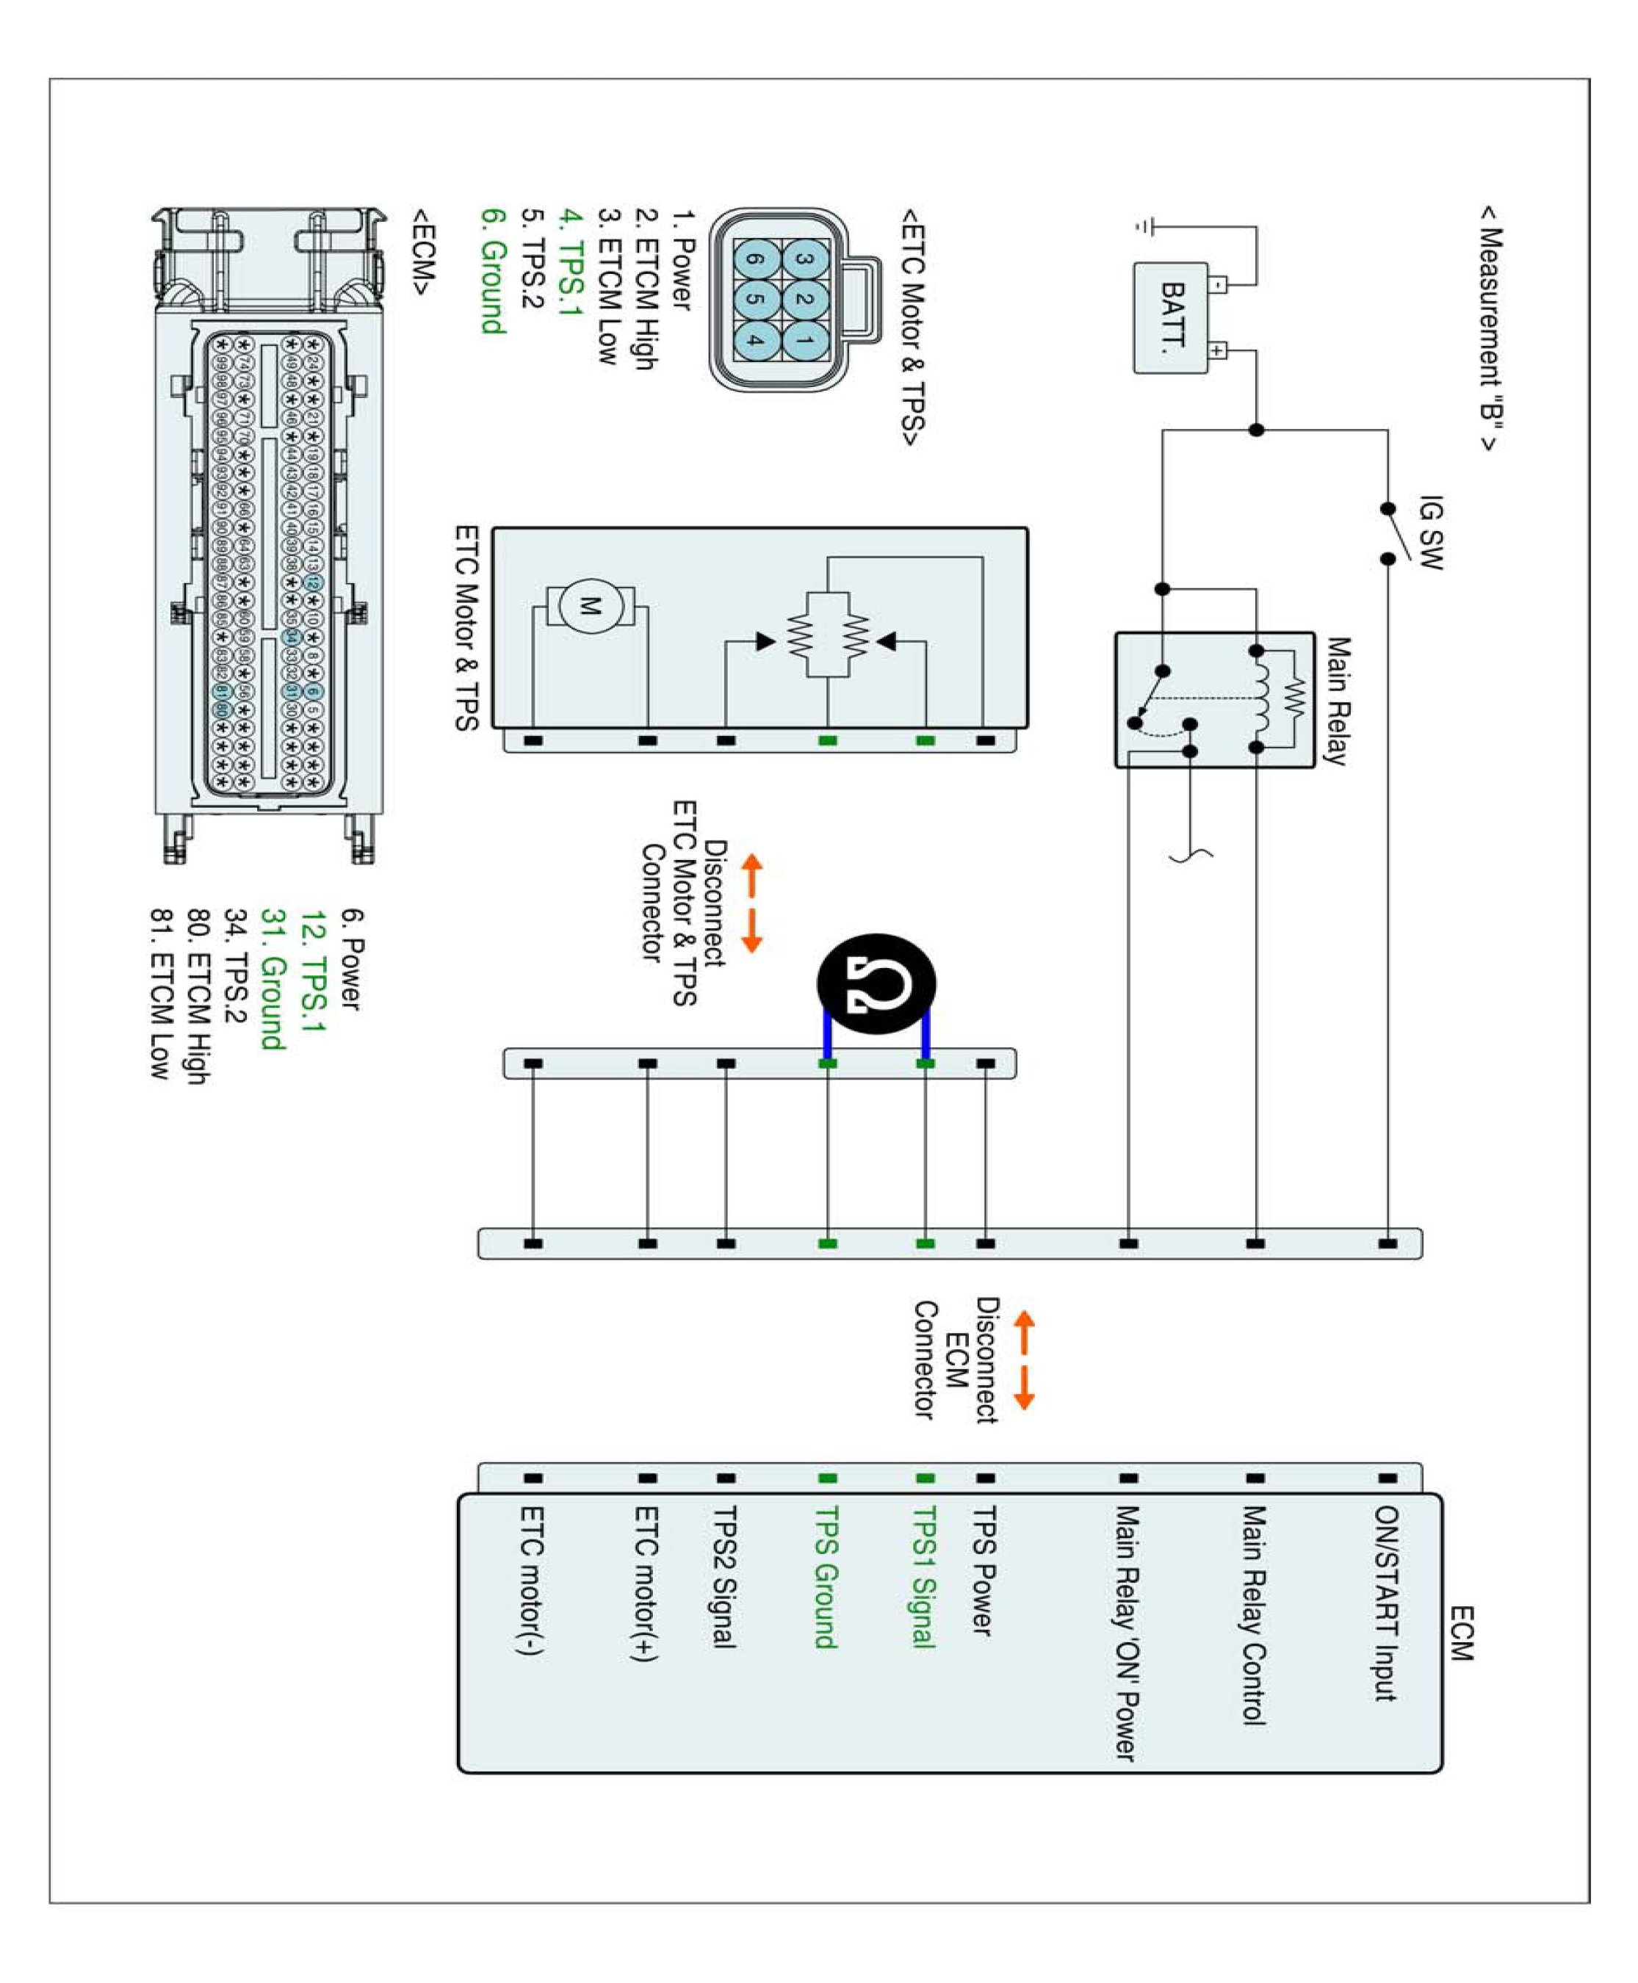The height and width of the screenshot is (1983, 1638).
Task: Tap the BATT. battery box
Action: (1170, 317)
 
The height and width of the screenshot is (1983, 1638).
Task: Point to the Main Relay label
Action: (1337, 700)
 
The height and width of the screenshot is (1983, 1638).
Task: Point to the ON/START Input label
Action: (1385, 1604)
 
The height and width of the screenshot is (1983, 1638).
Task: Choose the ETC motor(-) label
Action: (531, 1581)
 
